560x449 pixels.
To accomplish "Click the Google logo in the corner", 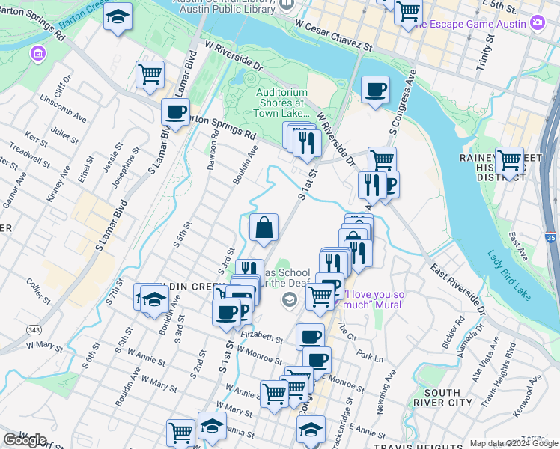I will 24,440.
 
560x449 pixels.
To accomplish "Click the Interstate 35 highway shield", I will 552,239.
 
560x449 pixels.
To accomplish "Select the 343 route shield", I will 34,330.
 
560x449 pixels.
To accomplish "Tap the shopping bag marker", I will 264,227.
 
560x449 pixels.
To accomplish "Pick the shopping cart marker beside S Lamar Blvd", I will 150,75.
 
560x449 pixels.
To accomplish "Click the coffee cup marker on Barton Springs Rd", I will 175,112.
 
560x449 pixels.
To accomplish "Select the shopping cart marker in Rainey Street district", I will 509,160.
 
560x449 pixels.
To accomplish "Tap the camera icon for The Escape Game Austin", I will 537,23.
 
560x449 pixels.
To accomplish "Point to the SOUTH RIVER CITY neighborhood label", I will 448,397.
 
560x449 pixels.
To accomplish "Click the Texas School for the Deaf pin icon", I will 289,300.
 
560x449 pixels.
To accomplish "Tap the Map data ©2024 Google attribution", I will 514,443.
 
